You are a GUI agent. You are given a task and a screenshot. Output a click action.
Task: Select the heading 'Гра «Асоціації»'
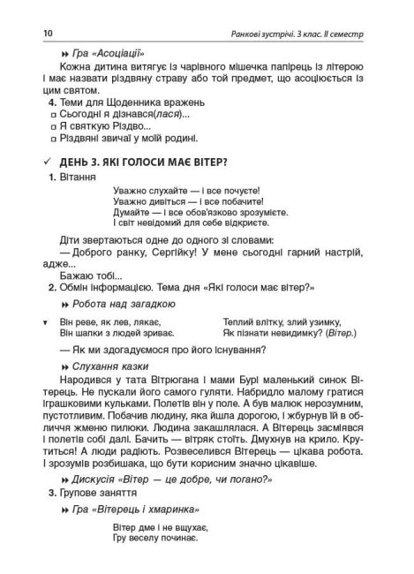click(109, 54)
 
